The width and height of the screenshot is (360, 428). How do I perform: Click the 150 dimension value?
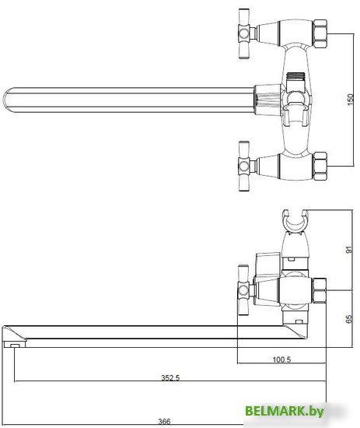(351, 100)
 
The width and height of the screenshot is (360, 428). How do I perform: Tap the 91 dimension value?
(349, 250)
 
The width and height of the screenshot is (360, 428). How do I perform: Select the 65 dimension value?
(349, 319)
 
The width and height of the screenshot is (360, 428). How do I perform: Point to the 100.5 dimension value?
(281, 360)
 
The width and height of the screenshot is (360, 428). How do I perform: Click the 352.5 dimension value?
(170, 377)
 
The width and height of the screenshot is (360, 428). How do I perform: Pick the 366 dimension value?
(165, 422)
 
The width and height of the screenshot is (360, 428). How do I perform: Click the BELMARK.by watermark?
(285, 411)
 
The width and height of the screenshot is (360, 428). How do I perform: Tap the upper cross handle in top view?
(244, 33)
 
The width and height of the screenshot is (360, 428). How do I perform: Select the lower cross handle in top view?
(244, 166)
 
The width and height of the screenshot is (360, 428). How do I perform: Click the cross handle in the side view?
(243, 289)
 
